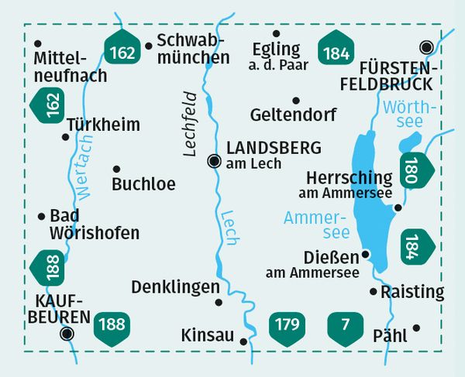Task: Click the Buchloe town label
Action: (143, 184)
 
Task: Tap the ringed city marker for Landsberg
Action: (214, 161)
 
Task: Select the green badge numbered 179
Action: (286, 324)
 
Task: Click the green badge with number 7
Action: (343, 324)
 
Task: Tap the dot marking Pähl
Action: (416, 327)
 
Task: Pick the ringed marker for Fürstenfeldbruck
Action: (425, 46)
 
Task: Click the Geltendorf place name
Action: (294, 115)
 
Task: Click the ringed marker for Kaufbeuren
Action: (67, 334)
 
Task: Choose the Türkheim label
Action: (103, 125)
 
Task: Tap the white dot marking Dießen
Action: (367, 254)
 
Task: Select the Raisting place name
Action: (414, 292)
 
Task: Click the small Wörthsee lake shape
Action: (409, 142)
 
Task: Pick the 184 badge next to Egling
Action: (336, 51)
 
